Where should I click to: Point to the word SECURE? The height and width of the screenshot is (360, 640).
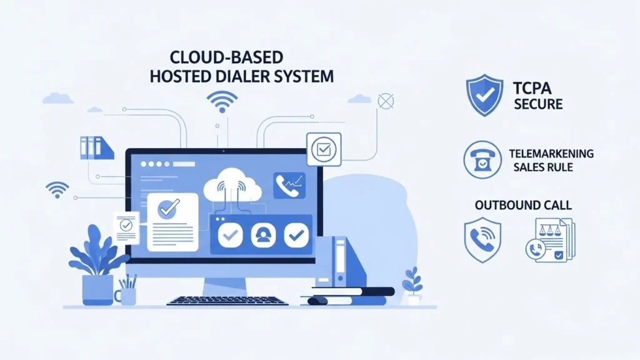(538, 104)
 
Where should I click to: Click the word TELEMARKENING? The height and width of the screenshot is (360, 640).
(551, 153)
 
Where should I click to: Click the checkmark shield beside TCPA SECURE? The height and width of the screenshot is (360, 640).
(485, 95)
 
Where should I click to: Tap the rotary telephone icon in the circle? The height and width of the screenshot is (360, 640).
(482, 160)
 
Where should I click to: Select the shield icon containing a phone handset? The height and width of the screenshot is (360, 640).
(483, 239)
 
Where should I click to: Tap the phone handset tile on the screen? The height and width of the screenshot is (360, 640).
(289, 186)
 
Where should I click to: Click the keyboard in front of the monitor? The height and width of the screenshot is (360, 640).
(227, 301)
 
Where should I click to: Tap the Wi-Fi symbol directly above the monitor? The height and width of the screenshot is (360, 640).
(222, 101)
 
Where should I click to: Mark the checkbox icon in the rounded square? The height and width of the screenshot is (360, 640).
(324, 149)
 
